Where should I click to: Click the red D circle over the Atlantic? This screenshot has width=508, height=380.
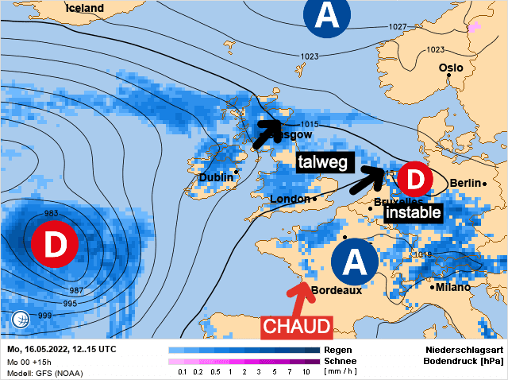coord(54,245)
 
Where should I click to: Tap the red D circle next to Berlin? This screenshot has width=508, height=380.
coord(414,180)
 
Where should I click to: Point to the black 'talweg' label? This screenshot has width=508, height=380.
coord(323,162)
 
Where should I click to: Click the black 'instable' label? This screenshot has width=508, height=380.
coord(413,213)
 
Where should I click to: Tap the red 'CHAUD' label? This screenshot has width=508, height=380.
coord(295,326)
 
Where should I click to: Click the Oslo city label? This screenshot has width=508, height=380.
coord(451,68)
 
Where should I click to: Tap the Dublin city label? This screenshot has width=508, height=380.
coord(215,176)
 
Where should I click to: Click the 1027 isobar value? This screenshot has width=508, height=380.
coord(398,27)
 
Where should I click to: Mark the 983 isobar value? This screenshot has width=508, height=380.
coord(52,213)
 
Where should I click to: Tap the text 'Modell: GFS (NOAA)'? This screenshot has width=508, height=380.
coord(44,373)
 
